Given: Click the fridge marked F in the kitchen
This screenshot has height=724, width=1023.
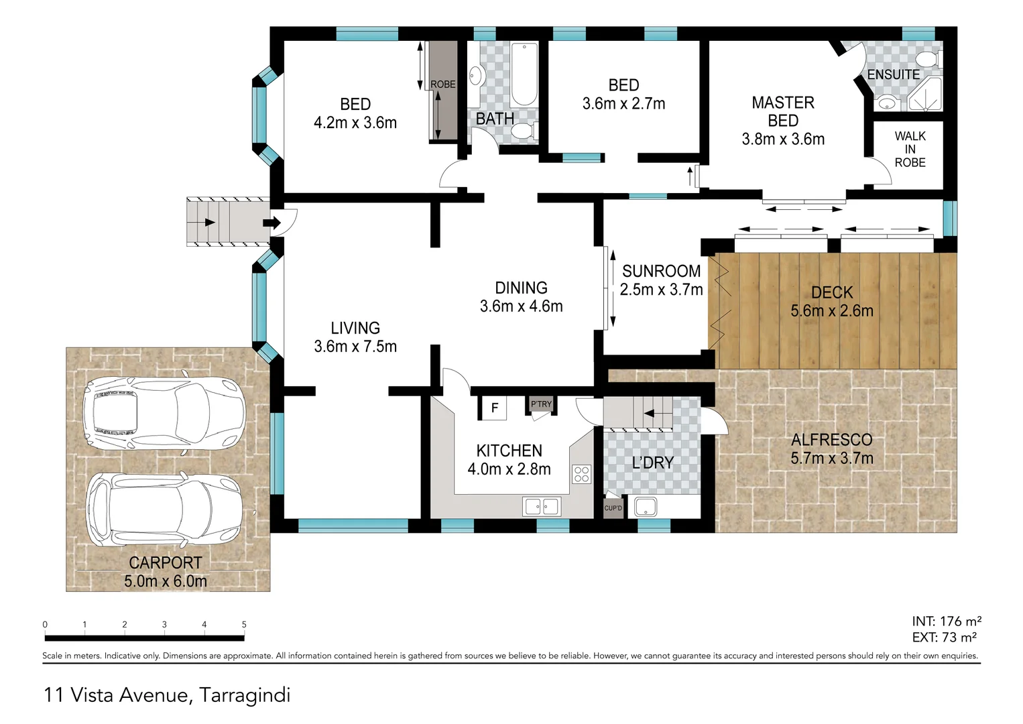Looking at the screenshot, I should pos(495,408).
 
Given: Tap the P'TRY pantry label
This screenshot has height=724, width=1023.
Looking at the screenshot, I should pos(541,404).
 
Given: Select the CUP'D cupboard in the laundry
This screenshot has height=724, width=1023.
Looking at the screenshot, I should pos(613,507).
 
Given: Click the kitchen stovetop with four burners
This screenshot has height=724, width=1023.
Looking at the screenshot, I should pos(581,474).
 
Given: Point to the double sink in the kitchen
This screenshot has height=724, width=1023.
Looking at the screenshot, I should pos(542,506).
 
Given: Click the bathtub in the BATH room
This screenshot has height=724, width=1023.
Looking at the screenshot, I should pos(523,74).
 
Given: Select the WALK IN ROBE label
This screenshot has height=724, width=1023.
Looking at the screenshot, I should pos(910,149).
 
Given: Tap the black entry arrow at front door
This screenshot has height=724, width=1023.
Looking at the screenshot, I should pos(271,223).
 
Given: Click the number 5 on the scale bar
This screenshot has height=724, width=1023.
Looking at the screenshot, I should pos(244,624).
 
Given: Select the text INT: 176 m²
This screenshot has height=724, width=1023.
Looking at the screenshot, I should pos(946,621).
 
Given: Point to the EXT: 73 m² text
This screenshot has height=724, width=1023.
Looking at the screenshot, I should pos(944,638).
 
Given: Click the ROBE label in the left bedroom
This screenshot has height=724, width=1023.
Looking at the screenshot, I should pos(442,84).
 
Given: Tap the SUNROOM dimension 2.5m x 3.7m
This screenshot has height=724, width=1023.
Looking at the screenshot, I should pos(661,290).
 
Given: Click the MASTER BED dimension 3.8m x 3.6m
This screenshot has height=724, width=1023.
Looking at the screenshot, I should pos(783,139).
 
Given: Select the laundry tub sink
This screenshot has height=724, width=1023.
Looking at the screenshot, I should pos(646,507).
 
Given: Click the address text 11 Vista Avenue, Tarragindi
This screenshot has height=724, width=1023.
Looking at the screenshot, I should pos(167,695).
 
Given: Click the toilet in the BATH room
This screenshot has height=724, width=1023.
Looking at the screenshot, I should pos(524,131).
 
